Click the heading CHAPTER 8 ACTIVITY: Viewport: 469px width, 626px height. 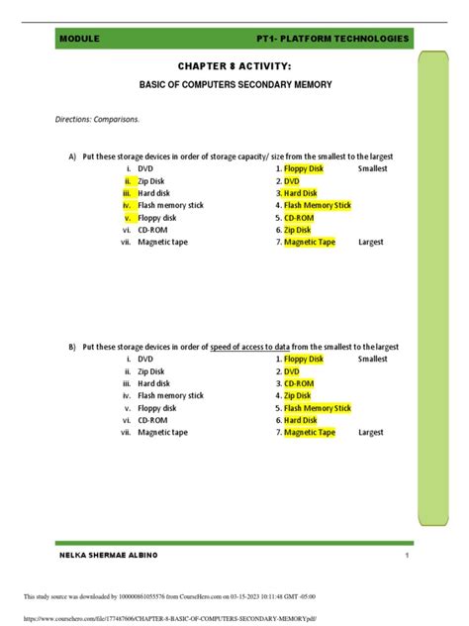pos(234,65)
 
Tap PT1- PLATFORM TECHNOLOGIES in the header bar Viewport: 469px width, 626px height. pos(331,38)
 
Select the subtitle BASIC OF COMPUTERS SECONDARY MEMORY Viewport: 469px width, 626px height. pos(234,85)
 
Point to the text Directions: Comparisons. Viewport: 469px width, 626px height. pos(97,120)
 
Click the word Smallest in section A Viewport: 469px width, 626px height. pos(373,169)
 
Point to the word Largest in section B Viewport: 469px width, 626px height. pos(371,432)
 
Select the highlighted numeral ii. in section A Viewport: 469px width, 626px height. pos(128,181)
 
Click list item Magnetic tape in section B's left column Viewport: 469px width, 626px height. pos(164,432)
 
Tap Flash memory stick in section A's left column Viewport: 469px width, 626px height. pos(171,205)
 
